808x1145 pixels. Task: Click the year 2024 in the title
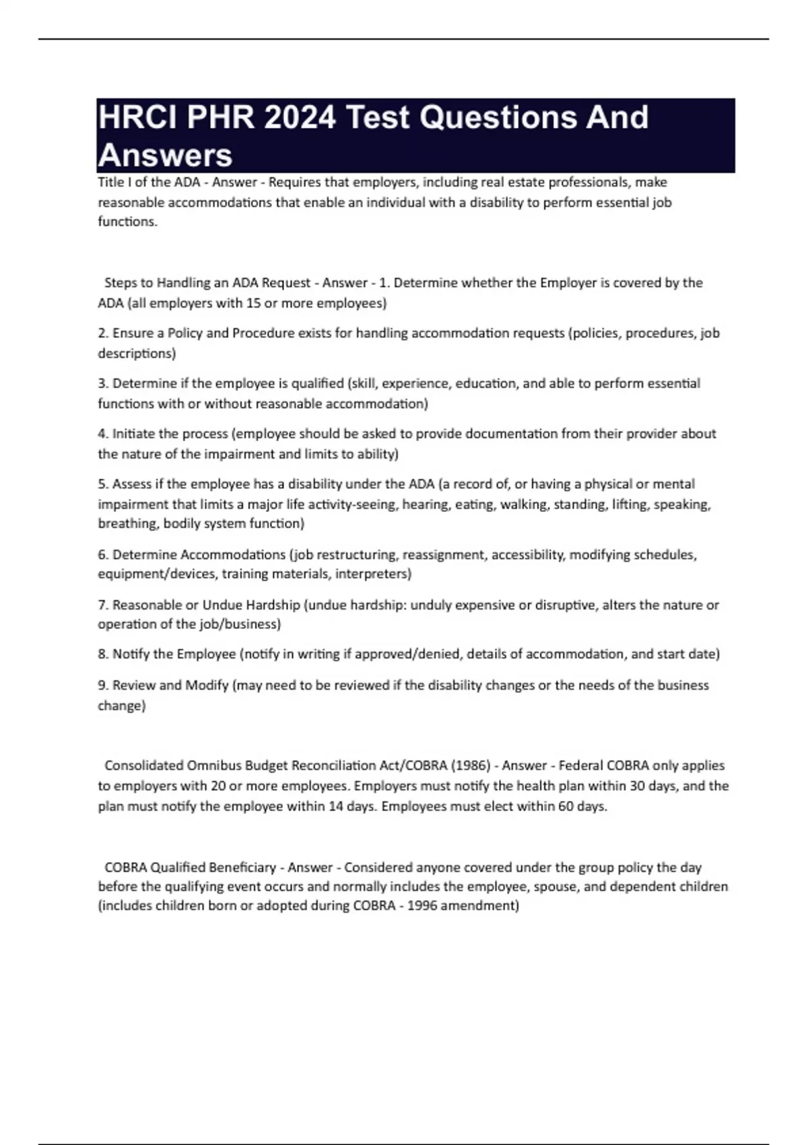(300, 118)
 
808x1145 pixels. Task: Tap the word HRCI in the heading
(138, 118)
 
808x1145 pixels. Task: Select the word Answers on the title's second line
(165, 156)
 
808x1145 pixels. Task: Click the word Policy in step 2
(184, 333)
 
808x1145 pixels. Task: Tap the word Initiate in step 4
(133, 434)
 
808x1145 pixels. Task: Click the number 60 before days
(566, 806)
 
